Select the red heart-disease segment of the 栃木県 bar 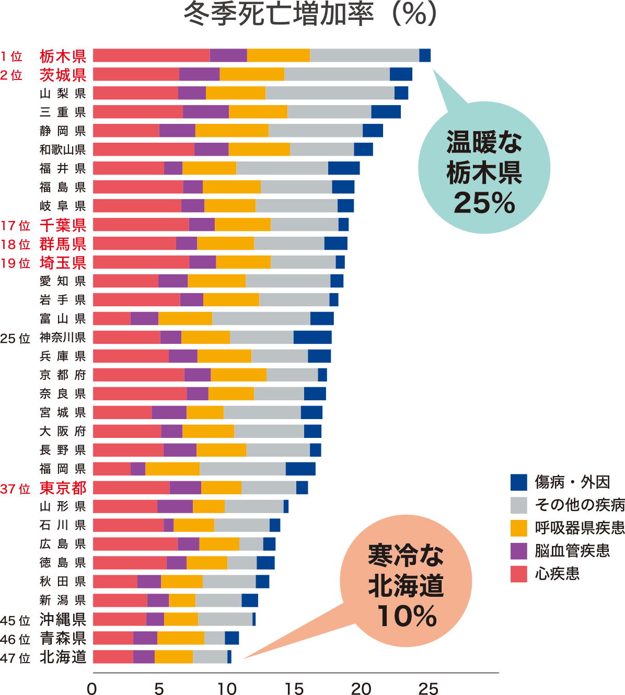pyautogui.click(x=151, y=55)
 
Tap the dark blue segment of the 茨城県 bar pyautogui.click(x=401, y=74)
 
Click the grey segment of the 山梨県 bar pyautogui.click(x=330, y=93)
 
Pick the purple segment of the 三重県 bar pyautogui.click(x=205, y=112)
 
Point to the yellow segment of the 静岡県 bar pyautogui.click(x=232, y=131)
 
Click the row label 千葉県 pyautogui.click(x=63, y=225)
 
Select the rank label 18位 pyautogui.click(x=15, y=245)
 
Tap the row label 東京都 pyautogui.click(x=63, y=488)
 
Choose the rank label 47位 pyautogui.click(x=15, y=657)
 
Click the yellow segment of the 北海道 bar pyautogui.click(x=173, y=657)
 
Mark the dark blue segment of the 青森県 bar pyautogui.click(x=232, y=638)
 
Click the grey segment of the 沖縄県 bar pyautogui.click(x=225, y=619)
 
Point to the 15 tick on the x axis pyautogui.click(x=294, y=688)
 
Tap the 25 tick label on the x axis pyautogui.click(x=428, y=688)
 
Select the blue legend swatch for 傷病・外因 pyautogui.click(x=519, y=482)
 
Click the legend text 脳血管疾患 pyautogui.click(x=572, y=551)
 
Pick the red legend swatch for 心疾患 pyautogui.click(x=519, y=574)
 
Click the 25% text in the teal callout pyautogui.click(x=484, y=203)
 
